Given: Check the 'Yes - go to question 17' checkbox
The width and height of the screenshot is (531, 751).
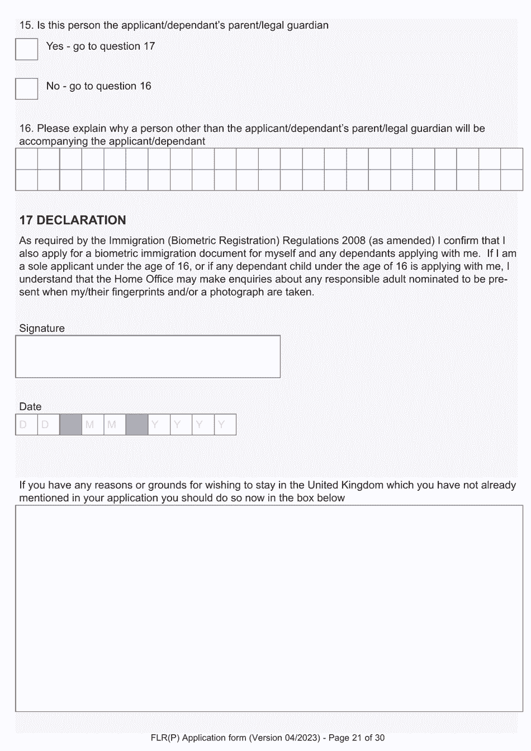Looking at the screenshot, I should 26,49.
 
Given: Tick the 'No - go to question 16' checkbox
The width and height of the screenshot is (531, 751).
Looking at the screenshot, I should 26,88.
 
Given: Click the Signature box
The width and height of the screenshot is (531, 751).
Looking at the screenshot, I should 148,356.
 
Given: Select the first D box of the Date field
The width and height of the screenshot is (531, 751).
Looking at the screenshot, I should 26,425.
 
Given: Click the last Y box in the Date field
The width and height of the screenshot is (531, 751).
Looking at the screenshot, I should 225,425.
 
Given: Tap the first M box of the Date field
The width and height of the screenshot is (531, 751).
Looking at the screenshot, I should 92,425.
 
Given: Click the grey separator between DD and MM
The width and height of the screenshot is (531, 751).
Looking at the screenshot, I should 70,425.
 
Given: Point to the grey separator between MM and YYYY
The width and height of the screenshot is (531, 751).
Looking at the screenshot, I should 136,425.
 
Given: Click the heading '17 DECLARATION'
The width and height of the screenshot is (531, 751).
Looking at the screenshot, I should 73,220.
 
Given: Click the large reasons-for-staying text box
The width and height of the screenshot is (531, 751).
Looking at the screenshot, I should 269,608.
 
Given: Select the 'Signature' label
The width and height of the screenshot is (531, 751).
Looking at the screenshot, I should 42,328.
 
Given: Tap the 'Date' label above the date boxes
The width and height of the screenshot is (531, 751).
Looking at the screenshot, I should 30,407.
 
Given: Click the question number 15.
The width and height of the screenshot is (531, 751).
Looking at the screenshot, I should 26,25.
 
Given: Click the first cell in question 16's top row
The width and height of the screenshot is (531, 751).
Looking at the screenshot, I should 26,159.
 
